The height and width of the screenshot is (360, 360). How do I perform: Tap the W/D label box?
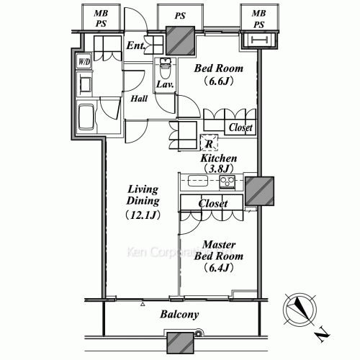[84, 62]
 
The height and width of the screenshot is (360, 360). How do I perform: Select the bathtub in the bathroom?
[86, 117]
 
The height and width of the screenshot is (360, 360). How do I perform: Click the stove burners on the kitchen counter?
[227, 181]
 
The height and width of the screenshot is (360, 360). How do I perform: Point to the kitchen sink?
[198, 181]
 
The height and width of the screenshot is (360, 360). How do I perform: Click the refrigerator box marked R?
[210, 143]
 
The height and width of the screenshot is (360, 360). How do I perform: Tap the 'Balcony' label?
[179, 315]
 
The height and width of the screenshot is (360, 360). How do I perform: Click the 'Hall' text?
[139, 99]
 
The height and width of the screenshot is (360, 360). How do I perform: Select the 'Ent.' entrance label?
[136, 45]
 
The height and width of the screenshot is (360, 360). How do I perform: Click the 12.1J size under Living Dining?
[143, 215]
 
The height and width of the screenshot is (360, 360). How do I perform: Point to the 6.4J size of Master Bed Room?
[219, 268]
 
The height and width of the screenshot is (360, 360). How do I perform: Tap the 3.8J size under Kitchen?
[219, 169]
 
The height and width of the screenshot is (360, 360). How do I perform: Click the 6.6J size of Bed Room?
[219, 81]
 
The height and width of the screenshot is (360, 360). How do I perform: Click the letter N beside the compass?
[322, 335]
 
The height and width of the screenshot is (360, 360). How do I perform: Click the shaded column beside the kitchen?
[259, 192]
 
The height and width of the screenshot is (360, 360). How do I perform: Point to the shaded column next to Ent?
[180, 40]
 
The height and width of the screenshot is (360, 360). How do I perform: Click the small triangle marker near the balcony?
[143, 305]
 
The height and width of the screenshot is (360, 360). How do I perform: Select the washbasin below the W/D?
[84, 84]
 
